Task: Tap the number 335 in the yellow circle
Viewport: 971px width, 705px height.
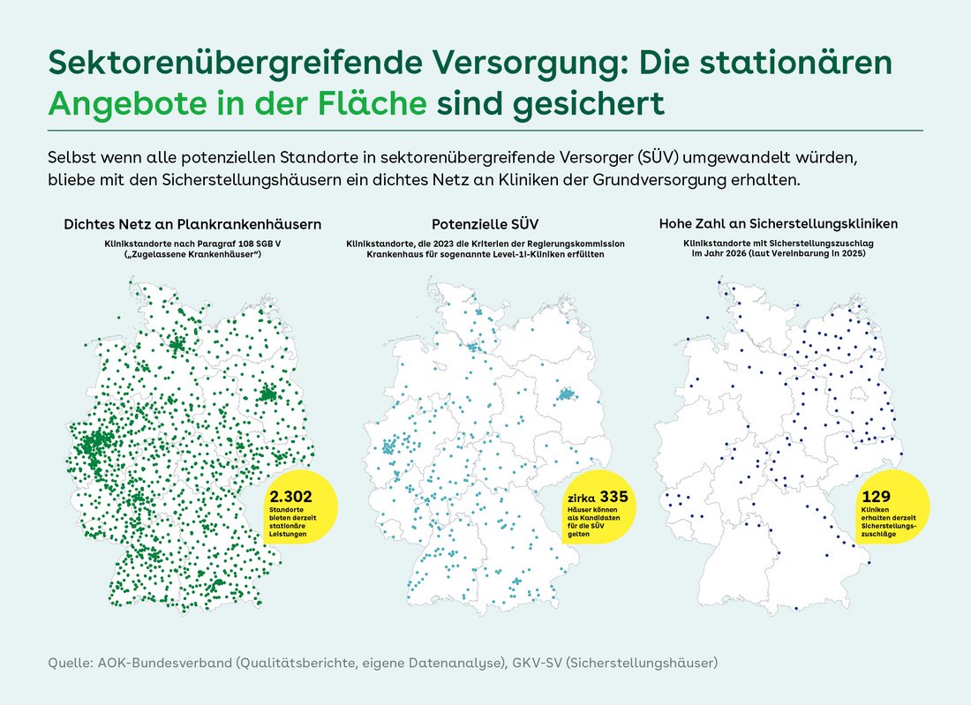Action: pos(613,496)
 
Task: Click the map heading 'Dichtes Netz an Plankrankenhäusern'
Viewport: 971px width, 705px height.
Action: pos(192,224)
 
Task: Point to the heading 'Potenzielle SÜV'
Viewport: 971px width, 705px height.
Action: pos(485,224)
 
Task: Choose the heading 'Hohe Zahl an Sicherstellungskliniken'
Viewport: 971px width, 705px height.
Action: pos(779,224)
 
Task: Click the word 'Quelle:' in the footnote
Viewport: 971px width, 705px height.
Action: pos(67,662)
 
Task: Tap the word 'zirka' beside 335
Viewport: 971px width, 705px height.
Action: pos(581,498)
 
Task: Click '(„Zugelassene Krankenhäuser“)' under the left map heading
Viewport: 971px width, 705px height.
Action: pos(192,253)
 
